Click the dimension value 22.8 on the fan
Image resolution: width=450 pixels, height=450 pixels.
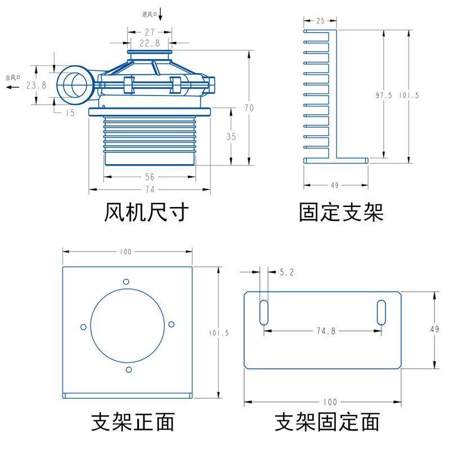click(x=150, y=43)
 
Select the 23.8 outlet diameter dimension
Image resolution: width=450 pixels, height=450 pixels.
click(x=36, y=85)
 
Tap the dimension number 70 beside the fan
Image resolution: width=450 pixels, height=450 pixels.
click(x=249, y=107)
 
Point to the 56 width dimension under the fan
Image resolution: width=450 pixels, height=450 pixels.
click(x=150, y=177)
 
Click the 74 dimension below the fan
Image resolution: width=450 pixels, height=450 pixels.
click(x=150, y=189)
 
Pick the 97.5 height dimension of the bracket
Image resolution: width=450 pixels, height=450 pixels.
click(x=384, y=95)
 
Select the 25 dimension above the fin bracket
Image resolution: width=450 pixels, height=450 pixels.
click(x=320, y=21)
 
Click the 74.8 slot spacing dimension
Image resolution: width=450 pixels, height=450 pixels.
click(x=326, y=331)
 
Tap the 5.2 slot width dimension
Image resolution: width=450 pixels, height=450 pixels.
click(x=286, y=272)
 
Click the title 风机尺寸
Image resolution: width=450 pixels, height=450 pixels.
click(x=145, y=213)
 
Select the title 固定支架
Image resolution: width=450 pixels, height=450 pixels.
click(x=341, y=213)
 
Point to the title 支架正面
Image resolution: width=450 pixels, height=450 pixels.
click(x=133, y=421)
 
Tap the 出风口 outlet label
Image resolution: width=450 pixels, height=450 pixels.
click(x=13, y=78)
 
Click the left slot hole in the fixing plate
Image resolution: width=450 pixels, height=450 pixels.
click(x=263, y=312)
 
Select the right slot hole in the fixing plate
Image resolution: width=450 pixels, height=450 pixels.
click(x=381, y=312)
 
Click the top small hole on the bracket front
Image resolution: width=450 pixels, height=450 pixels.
click(x=127, y=281)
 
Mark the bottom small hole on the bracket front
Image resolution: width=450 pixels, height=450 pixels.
click(x=129, y=370)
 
